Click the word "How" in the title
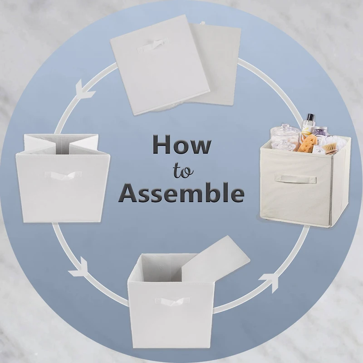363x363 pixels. [181, 145]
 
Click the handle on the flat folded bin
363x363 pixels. [153, 45]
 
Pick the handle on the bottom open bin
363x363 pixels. [172, 301]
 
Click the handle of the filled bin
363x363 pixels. [295, 179]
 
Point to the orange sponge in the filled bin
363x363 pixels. [308, 143]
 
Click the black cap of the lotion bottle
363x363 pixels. [309, 117]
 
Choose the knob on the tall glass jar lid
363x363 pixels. [285, 127]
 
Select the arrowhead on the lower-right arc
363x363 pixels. [270, 280]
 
